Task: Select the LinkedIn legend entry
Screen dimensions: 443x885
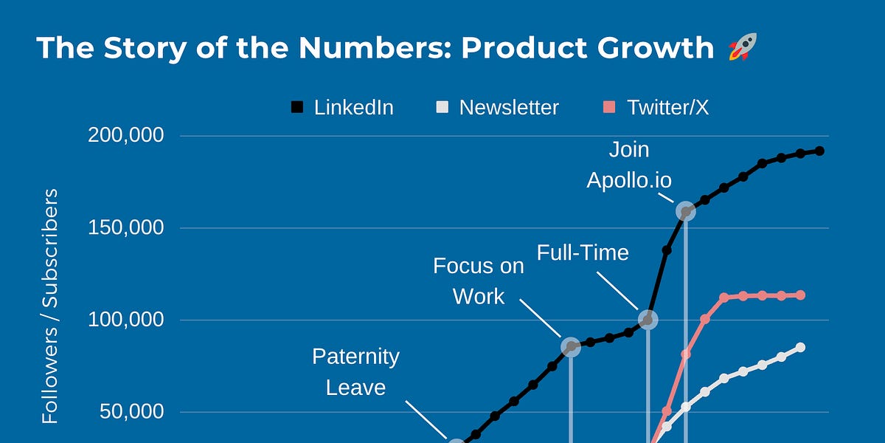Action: tap(342, 108)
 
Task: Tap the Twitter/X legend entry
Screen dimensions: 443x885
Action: tap(656, 108)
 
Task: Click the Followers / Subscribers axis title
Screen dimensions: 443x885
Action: tap(50, 306)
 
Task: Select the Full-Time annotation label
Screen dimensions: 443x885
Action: tap(583, 253)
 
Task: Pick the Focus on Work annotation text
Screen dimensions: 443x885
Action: tap(479, 281)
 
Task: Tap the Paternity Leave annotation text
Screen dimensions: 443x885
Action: tap(355, 371)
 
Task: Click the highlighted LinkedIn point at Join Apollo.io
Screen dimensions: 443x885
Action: tap(686, 212)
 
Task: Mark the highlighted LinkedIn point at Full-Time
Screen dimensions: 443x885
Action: tap(648, 320)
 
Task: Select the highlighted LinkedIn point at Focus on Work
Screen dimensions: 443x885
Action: tap(571, 346)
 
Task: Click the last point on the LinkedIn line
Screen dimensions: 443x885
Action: tap(819, 151)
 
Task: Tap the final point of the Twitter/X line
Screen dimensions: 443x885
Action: tap(800, 295)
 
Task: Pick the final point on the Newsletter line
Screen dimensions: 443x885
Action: tap(800, 347)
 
